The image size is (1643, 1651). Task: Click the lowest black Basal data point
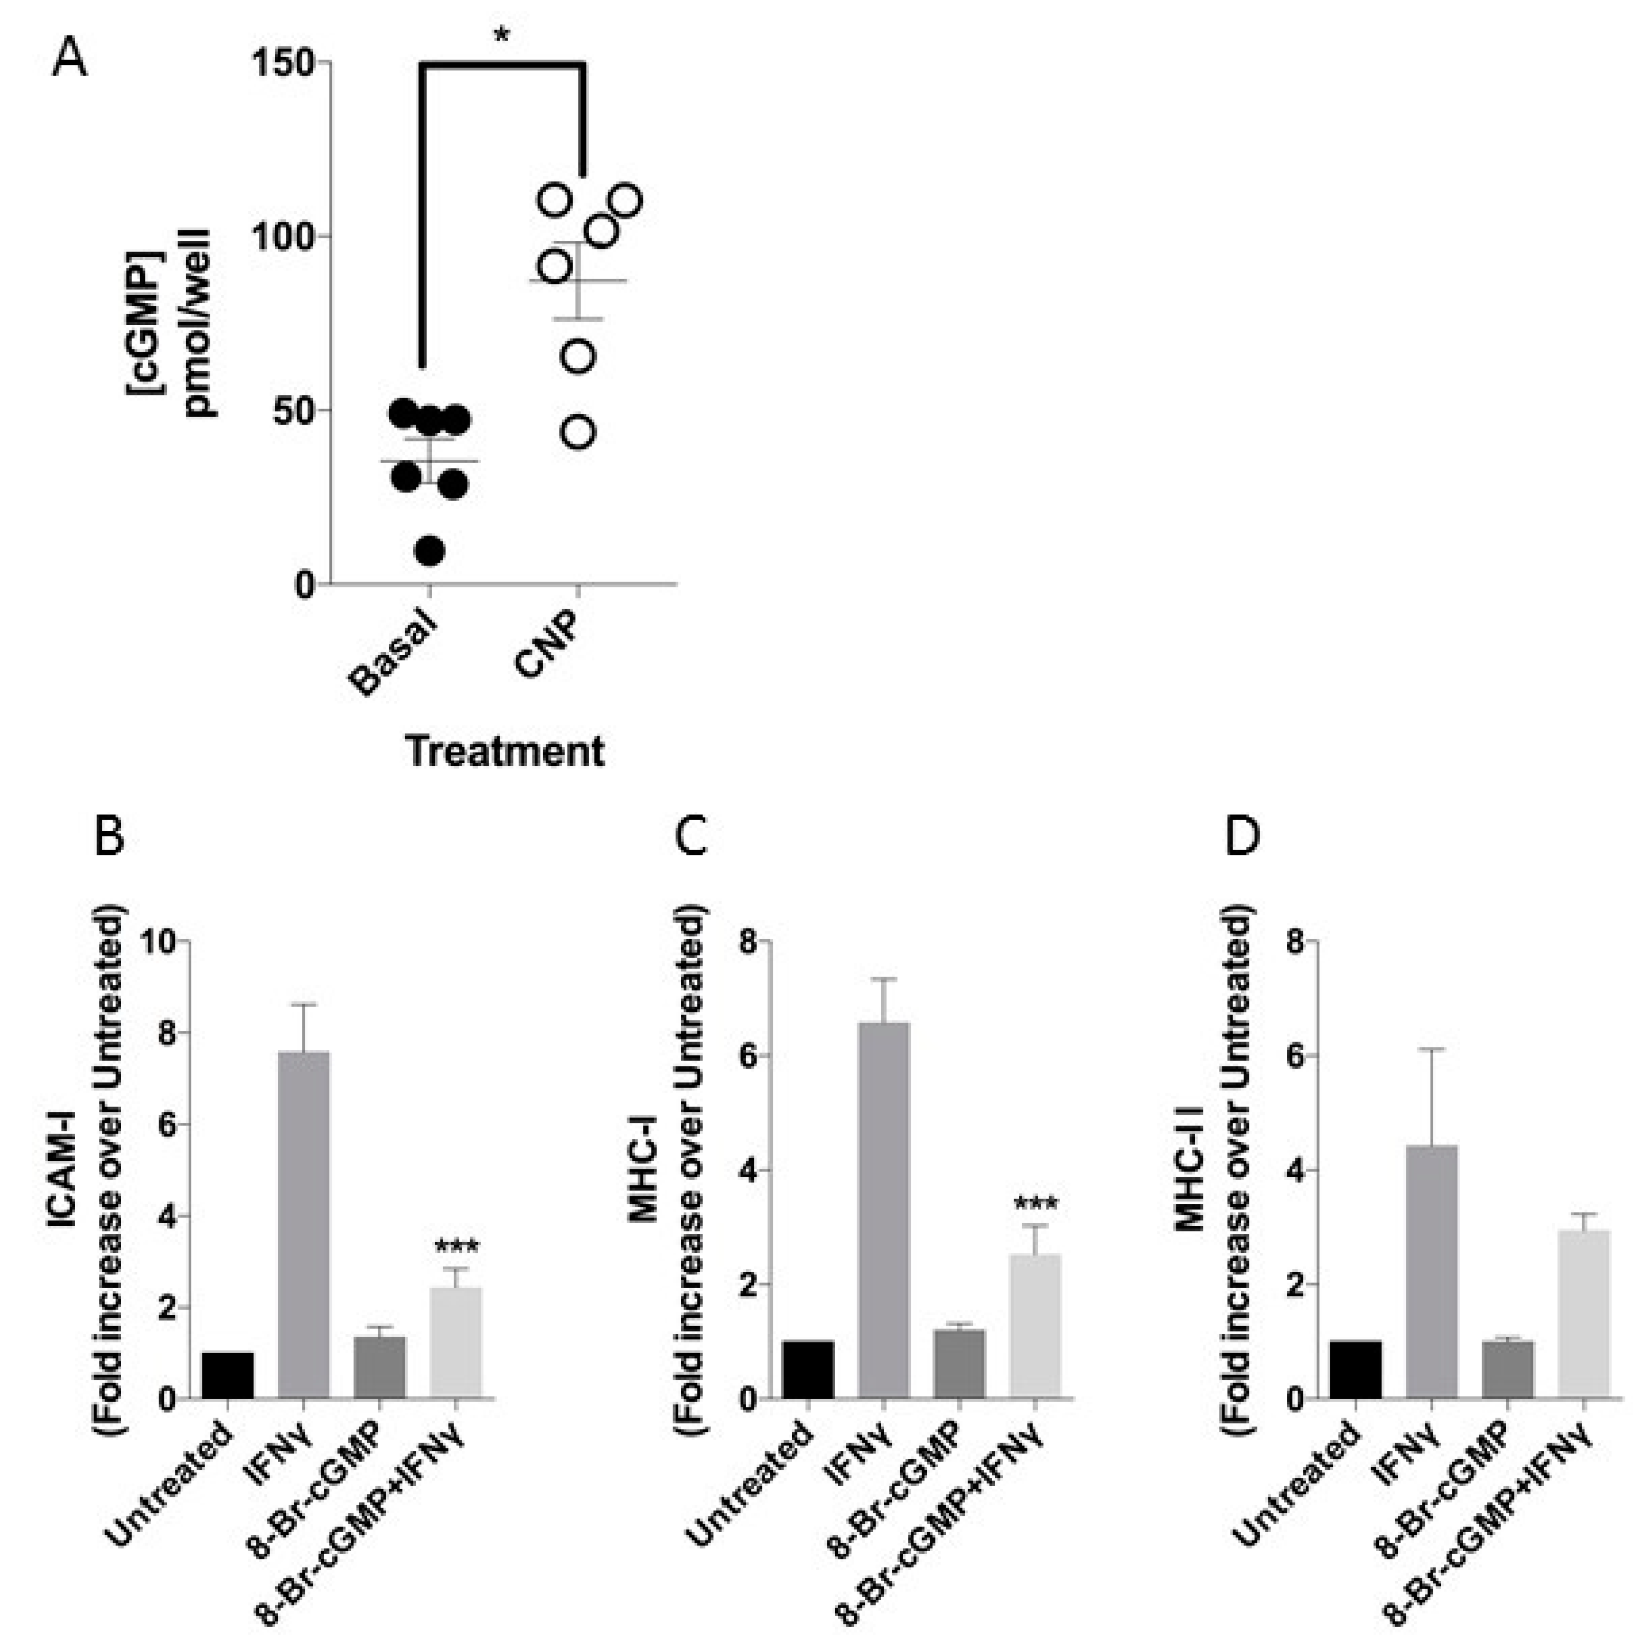click(x=430, y=552)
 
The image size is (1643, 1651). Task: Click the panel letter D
click(x=1242, y=838)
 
